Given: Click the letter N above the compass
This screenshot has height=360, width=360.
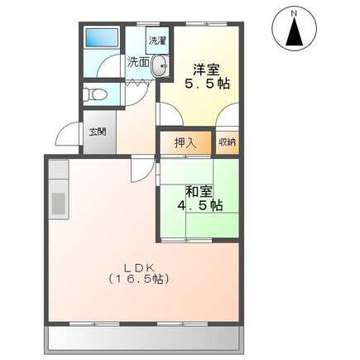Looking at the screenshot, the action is tap(295, 12).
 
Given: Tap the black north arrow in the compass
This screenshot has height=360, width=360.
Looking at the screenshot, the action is tap(294, 31).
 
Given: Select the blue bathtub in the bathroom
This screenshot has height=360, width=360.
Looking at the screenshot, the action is tap(102, 37).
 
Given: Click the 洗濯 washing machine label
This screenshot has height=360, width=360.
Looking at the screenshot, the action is tap(157, 41).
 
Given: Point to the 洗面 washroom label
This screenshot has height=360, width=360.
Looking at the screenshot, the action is tap(138, 62).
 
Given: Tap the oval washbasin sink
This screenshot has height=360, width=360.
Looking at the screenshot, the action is tap(160, 65).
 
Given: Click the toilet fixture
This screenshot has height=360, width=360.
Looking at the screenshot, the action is tap(94, 94).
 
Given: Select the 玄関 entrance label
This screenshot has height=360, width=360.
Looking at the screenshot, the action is tap(98, 132).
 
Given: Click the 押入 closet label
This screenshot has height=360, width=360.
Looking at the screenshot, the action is tap(185, 143).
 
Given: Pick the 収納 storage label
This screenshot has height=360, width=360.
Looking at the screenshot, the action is tap(228, 142).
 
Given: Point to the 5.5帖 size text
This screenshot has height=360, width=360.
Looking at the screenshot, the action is tap(207, 84).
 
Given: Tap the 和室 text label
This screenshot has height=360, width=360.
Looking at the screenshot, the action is tap(199, 192).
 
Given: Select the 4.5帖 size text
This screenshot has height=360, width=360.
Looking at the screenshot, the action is tap(200, 205).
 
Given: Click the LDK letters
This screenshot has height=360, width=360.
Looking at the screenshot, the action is tap(138, 267).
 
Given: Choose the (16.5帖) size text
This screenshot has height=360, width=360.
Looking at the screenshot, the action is tap(138, 280).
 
